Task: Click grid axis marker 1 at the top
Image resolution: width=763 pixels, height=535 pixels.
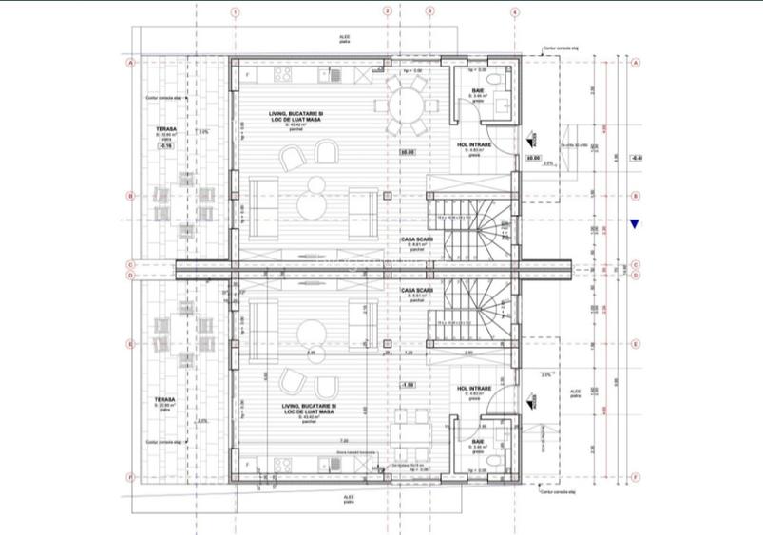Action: click(x=236, y=12)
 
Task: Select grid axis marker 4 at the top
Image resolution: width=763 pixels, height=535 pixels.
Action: click(x=514, y=12)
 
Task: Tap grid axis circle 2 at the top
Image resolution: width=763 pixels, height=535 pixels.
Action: click(x=388, y=12)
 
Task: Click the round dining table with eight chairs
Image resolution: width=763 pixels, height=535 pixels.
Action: click(x=408, y=100)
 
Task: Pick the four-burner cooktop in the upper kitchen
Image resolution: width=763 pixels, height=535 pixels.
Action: click(x=282, y=74)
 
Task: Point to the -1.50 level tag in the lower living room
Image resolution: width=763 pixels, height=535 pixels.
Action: click(x=408, y=385)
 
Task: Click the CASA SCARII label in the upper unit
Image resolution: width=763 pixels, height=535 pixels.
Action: click(x=416, y=239)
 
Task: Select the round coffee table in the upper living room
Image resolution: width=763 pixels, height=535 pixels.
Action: click(x=312, y=202)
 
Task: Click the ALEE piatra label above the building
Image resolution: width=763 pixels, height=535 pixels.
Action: click(x=344, y=39)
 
